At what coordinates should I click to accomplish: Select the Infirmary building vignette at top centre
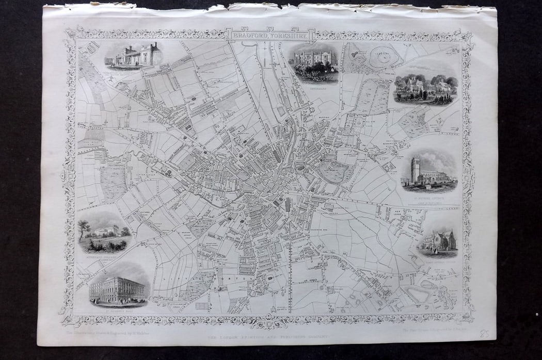313,63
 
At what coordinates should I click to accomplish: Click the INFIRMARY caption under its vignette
313,87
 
